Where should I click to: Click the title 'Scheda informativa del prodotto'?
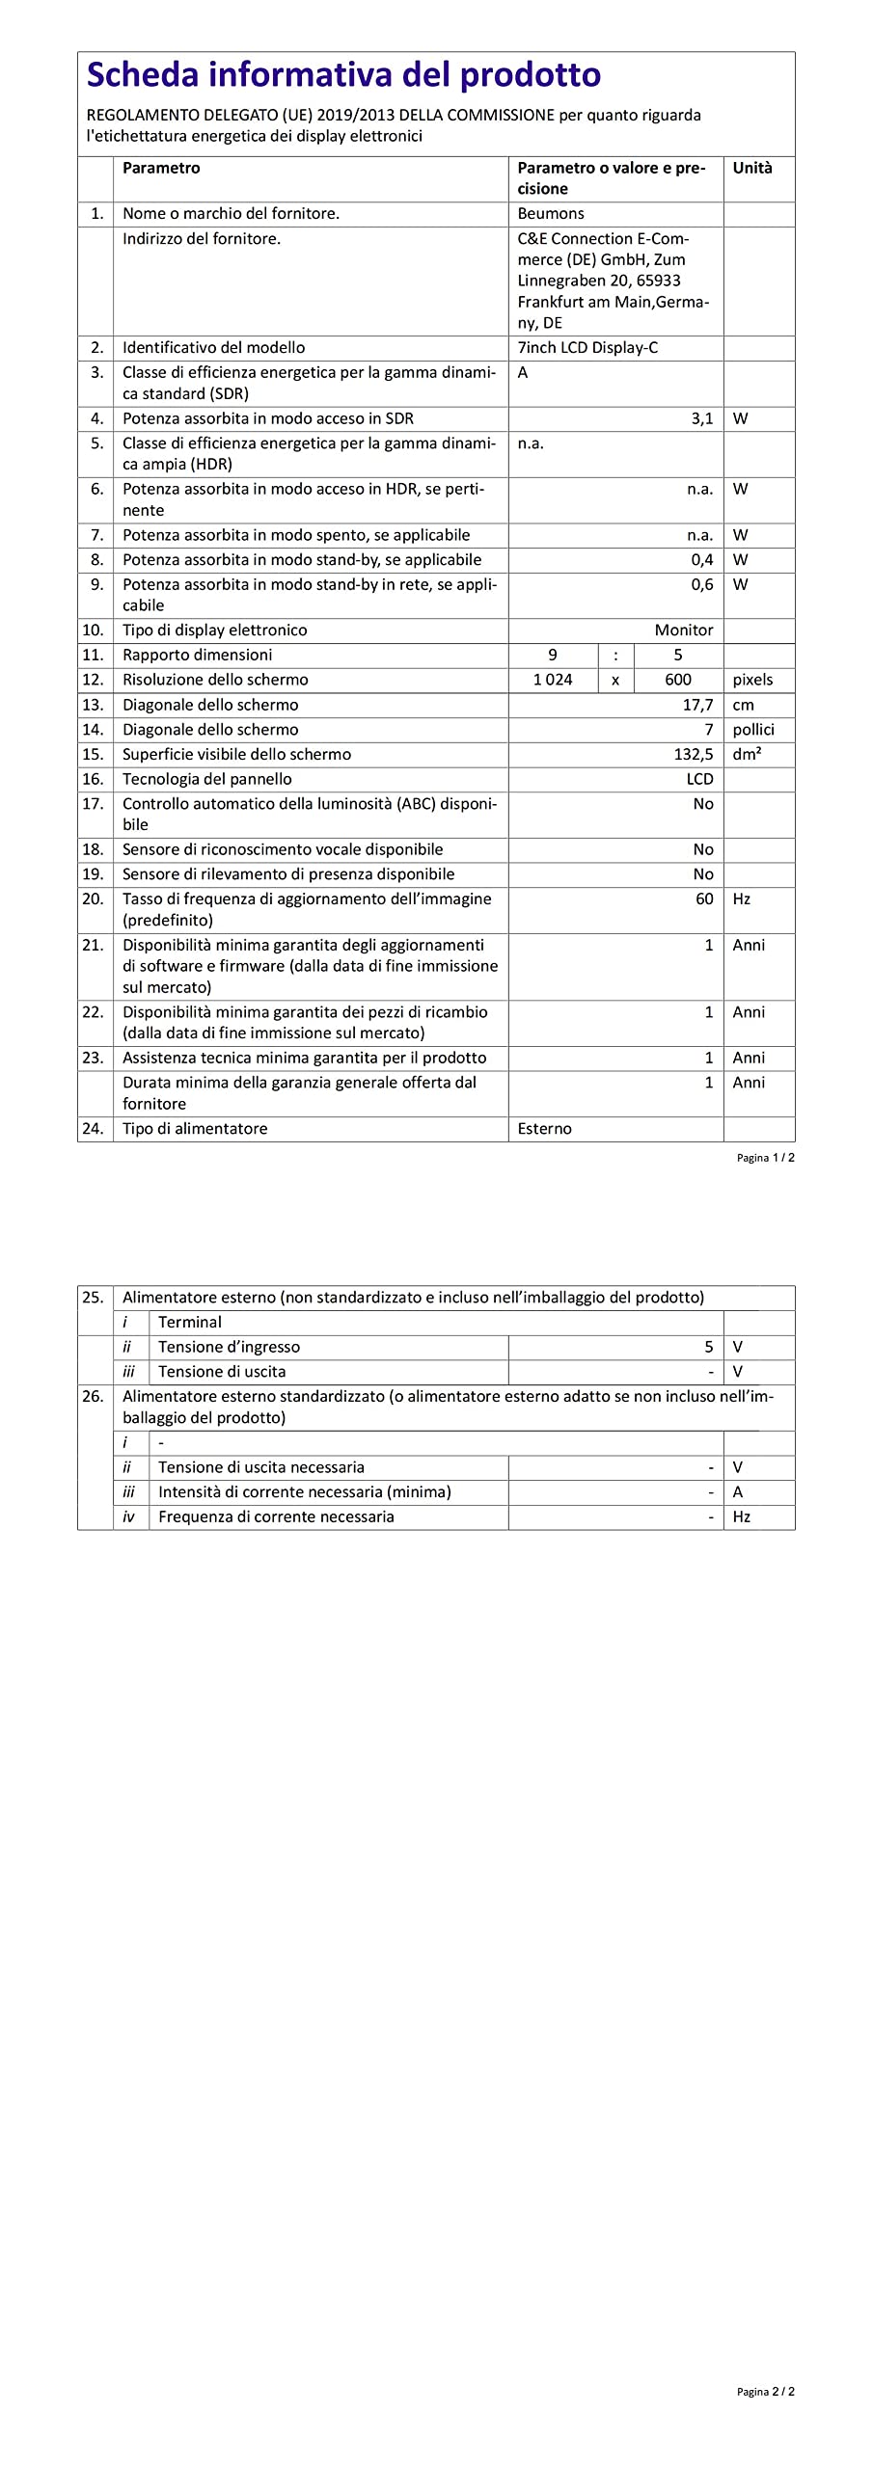343,75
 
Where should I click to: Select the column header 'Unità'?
751,168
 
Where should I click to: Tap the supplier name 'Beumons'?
550,213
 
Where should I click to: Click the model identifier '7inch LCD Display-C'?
587,347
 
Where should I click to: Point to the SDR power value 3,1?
701,418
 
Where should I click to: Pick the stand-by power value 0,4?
701,559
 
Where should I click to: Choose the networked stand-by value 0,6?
701,584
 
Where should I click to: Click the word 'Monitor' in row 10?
683,630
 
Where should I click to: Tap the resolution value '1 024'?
552,680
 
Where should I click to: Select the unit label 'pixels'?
752,680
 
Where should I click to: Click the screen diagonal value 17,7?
697,705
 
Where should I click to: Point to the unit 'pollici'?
752,730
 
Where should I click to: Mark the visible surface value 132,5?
694,754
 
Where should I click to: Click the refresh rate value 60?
704,899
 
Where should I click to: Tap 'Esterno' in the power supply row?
544,1129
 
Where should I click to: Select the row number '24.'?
93,1129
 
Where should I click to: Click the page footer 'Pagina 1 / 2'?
765,1158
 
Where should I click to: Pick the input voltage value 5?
708,1347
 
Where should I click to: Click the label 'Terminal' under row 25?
190,1322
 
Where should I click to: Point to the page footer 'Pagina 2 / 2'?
765,2392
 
